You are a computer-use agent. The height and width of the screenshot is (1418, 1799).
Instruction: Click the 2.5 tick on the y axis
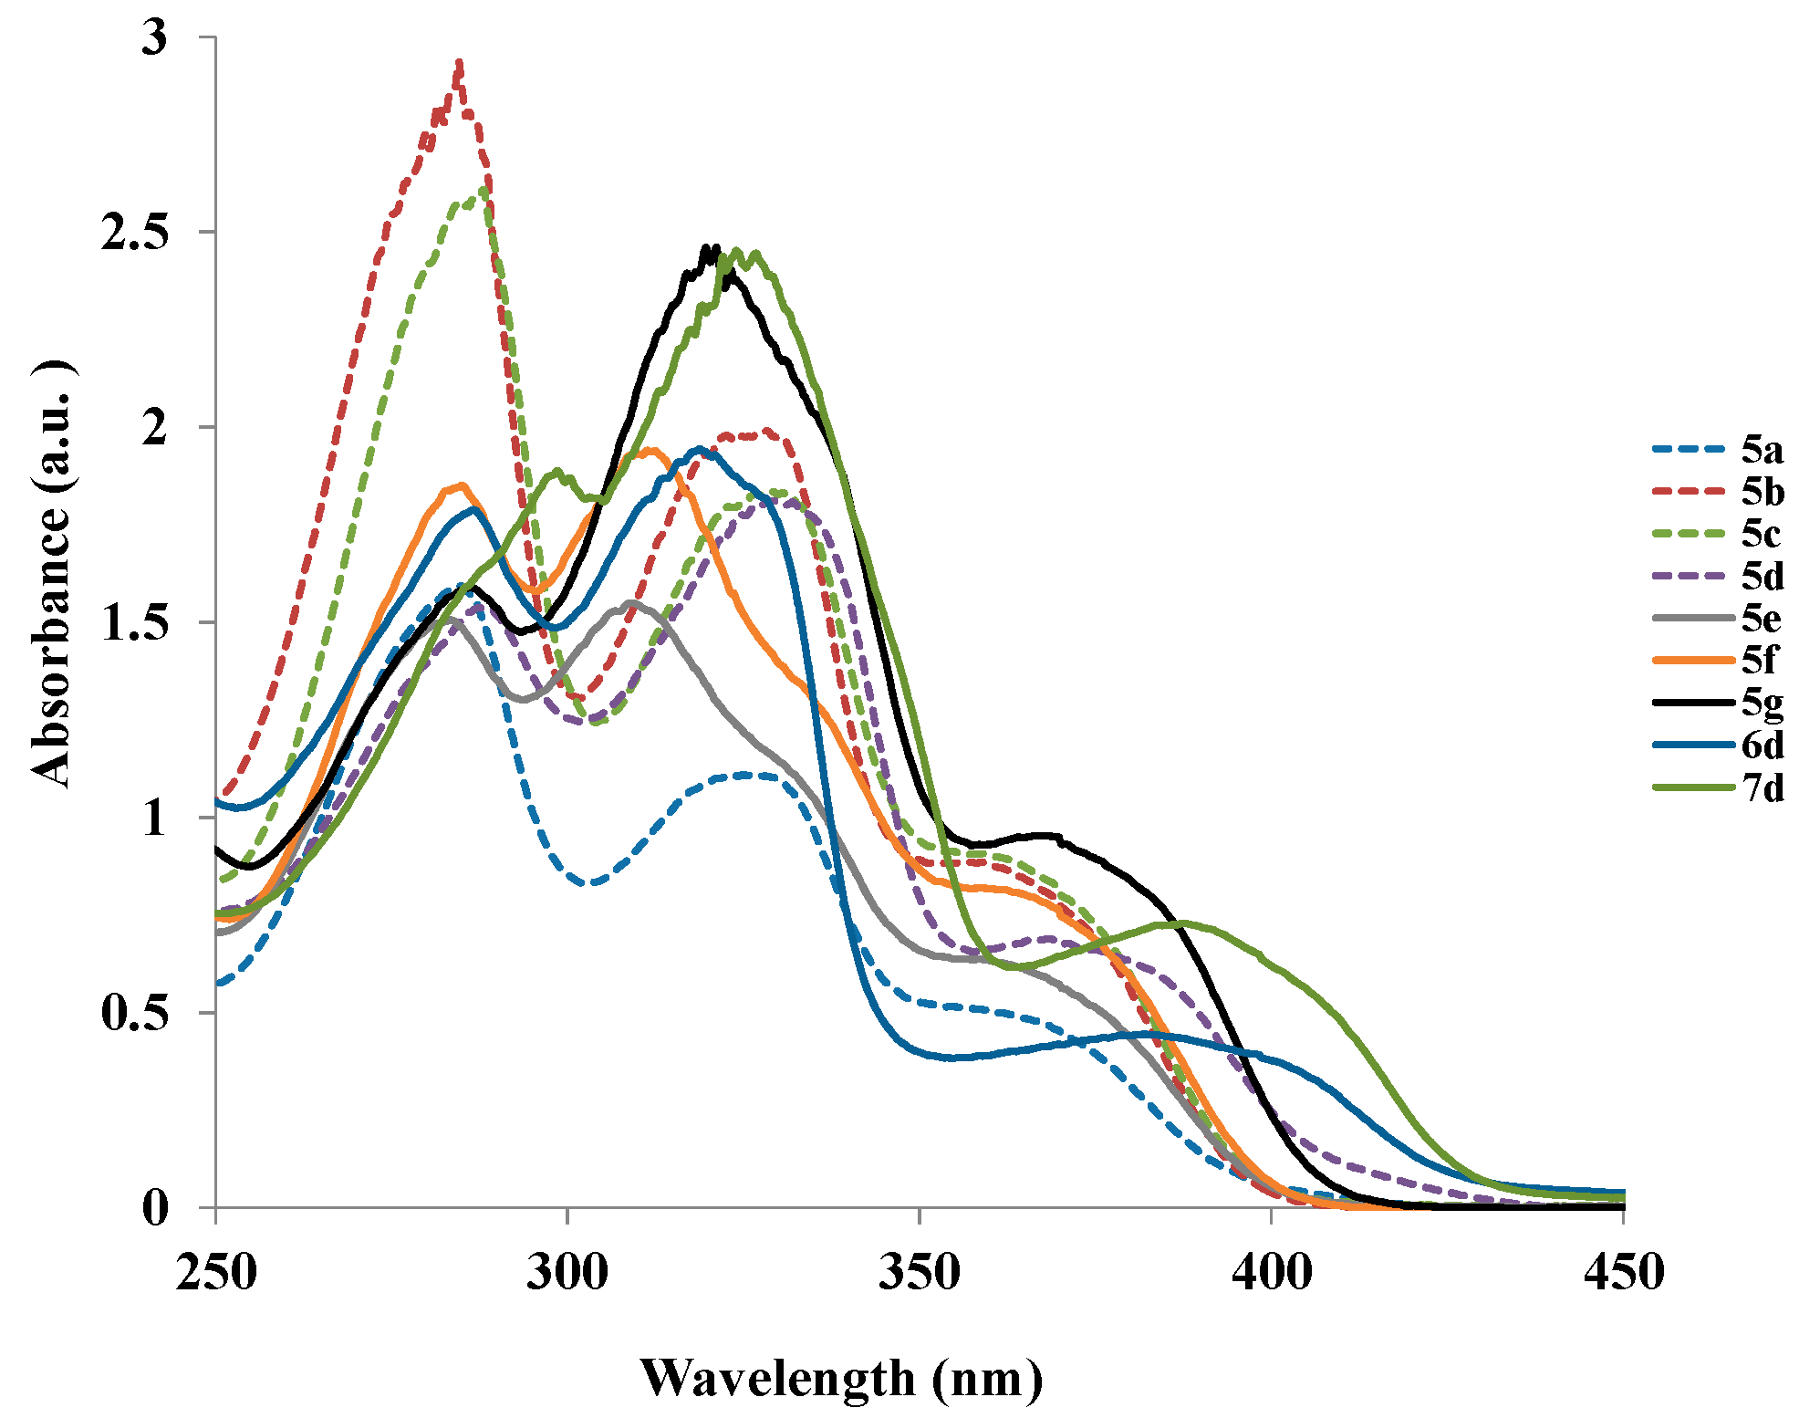pyautogui.click(x=135, y=233)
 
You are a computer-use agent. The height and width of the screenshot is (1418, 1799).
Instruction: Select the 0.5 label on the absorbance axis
pyautogui.click(x=135, y=1013)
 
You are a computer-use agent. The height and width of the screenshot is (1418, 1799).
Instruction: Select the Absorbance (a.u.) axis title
pyautogui.click(x=52, y=575)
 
